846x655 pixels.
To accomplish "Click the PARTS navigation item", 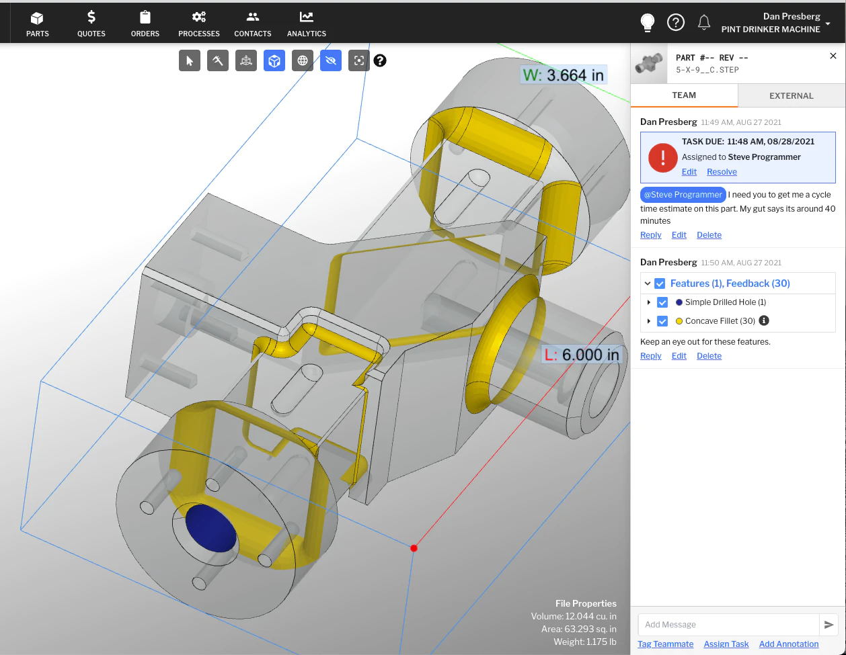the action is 38,24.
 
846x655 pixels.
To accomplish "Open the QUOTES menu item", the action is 91,24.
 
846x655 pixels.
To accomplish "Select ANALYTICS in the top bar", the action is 307,24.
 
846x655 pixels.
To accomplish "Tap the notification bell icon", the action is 703,23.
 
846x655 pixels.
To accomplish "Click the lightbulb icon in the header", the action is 648,23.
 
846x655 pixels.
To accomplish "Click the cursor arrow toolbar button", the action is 190,60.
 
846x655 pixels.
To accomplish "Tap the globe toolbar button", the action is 303,60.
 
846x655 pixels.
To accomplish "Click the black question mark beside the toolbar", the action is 380,60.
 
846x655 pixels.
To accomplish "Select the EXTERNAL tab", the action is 791,95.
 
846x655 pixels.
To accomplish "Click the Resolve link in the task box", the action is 722,172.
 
